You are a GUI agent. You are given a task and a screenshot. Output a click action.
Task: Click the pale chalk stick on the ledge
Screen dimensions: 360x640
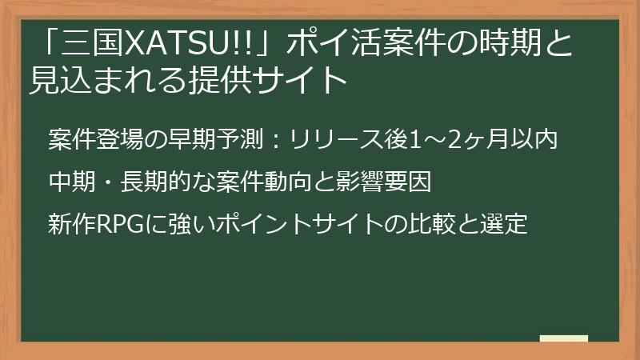[563, 338]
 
